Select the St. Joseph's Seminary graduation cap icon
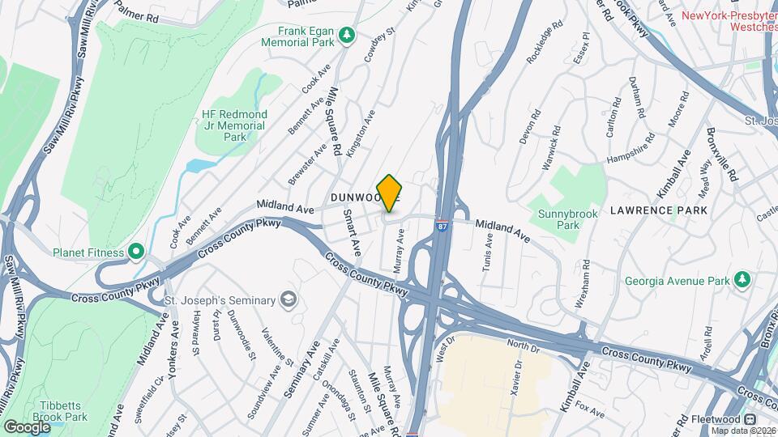287,300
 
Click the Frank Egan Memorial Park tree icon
347,34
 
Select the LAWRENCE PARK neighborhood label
658,210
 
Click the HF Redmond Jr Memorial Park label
234,125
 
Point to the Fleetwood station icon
750,419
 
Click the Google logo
27,426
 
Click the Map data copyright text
742,430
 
